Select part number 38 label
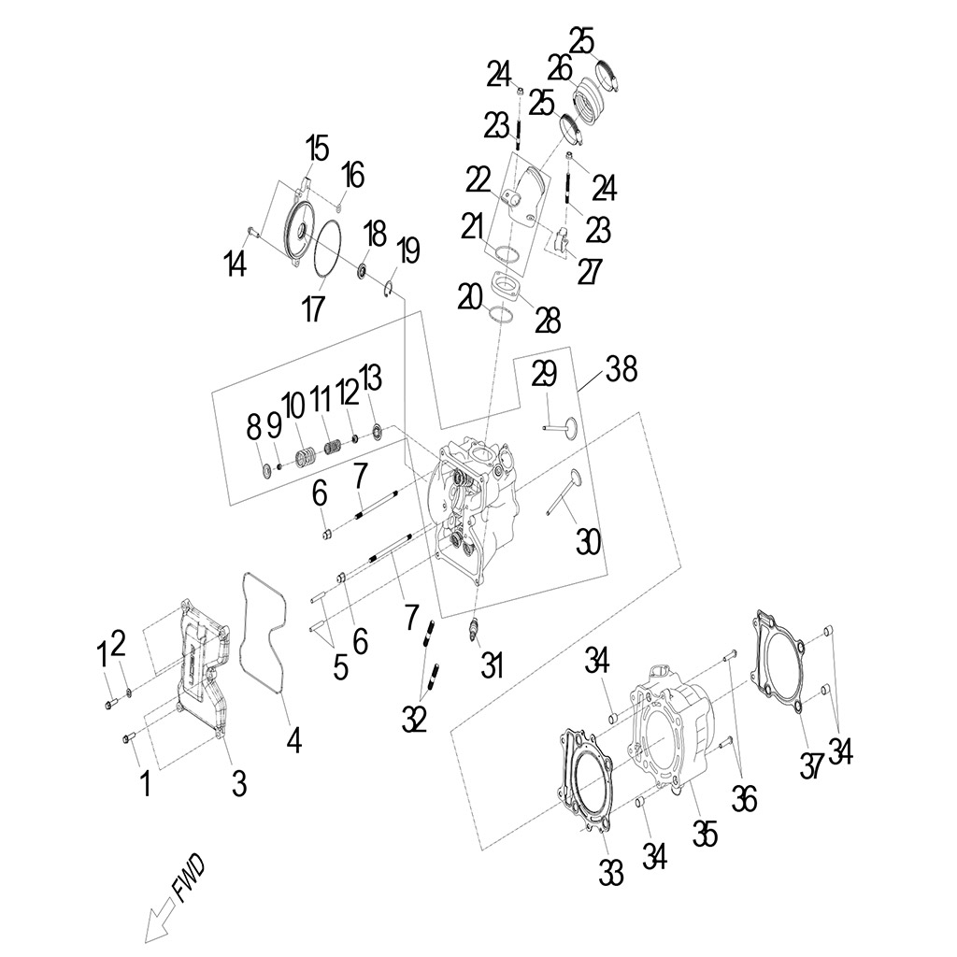(621, 370)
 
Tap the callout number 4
(293, 740)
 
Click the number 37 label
(812, 765)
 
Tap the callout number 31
(492, 665)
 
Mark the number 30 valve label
(588, 541)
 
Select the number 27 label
(590, 270)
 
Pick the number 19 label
(407, 251)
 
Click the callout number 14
(236, 265)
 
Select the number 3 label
(239, 783)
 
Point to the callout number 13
(370, 379)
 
